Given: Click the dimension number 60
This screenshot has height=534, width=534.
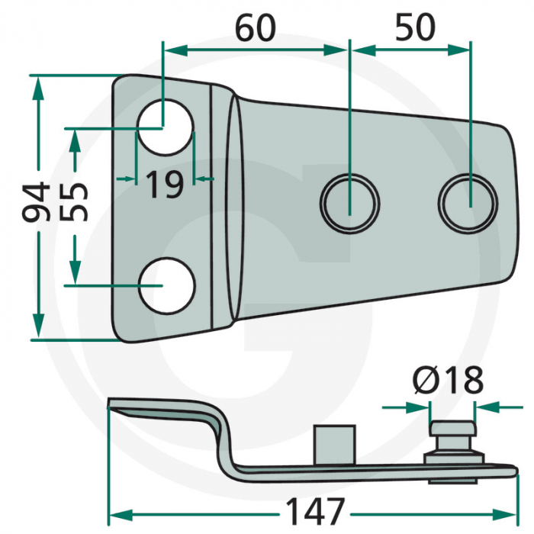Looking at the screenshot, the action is tap(256, 28).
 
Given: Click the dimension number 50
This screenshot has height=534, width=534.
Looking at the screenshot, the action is tap(415, 27).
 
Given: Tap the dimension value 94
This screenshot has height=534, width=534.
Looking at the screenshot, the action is tap(36, 201).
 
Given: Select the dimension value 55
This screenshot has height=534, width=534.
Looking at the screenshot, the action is tap(74, 202).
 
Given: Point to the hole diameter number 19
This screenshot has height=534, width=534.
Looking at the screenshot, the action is tap(165, 185).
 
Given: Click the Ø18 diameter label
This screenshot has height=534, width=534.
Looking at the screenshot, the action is tap(448, 380).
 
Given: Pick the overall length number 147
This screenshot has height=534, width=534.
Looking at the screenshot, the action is tap(315, 512).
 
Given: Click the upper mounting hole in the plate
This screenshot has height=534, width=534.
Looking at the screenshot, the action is tap(165, 127).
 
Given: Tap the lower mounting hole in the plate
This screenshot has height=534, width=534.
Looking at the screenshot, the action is tap(167, 285).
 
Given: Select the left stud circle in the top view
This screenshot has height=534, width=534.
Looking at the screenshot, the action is tap(349, 204).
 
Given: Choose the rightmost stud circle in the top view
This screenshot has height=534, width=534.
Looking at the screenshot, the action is tap(468, 204).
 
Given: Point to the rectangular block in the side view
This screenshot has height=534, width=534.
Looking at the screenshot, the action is tap(335, 445).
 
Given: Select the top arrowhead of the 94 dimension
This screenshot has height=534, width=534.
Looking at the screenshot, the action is tap(38, 88).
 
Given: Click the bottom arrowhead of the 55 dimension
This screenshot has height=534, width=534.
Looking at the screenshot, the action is tap(75, 272).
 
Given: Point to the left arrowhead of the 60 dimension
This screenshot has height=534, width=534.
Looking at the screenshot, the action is tap(176, 50).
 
